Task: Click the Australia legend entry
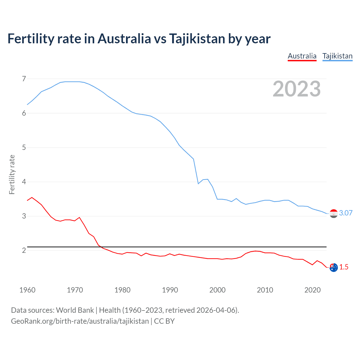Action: (x=302, y=56)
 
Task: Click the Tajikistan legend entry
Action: (x=337, y=56)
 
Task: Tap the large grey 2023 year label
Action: (x=296, y=89)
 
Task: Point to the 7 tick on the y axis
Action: (x=24, y=79)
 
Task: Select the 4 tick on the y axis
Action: (x=24, y=182)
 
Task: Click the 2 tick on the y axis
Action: (x=24, y=250)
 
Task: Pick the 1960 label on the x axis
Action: (x=27, y=290)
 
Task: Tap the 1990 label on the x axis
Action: (x=170, y=290)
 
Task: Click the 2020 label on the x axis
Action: (x=312, y=290)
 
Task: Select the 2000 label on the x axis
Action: (x=217, y=290)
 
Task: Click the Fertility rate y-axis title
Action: (x=12, y=174)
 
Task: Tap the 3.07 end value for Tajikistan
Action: (x=346, y=213)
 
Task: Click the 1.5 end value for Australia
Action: (x=344, y=267)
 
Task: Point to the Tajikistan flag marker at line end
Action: (x=334, y=214)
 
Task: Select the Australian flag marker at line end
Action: (x=334, y=267)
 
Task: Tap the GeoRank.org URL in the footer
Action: (x=80, y=321)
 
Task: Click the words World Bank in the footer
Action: (x=75, y=310)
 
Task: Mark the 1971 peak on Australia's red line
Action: (x=79, y=217)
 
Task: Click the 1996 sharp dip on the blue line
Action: (x=198, y=184)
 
